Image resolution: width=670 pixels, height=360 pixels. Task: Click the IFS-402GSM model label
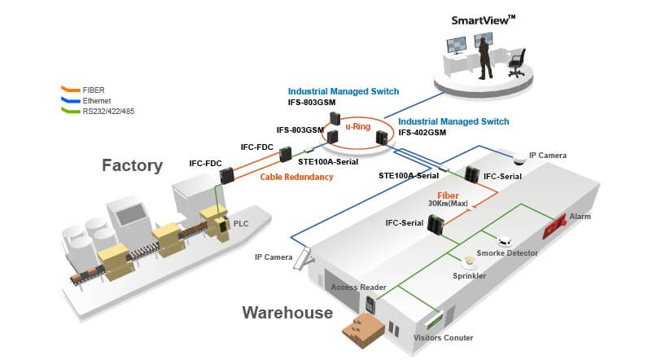422,133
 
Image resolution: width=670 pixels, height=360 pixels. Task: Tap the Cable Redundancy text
297,177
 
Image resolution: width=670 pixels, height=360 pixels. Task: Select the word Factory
132,165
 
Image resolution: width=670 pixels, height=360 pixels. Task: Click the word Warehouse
287,312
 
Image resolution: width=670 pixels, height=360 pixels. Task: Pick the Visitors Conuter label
443,337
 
